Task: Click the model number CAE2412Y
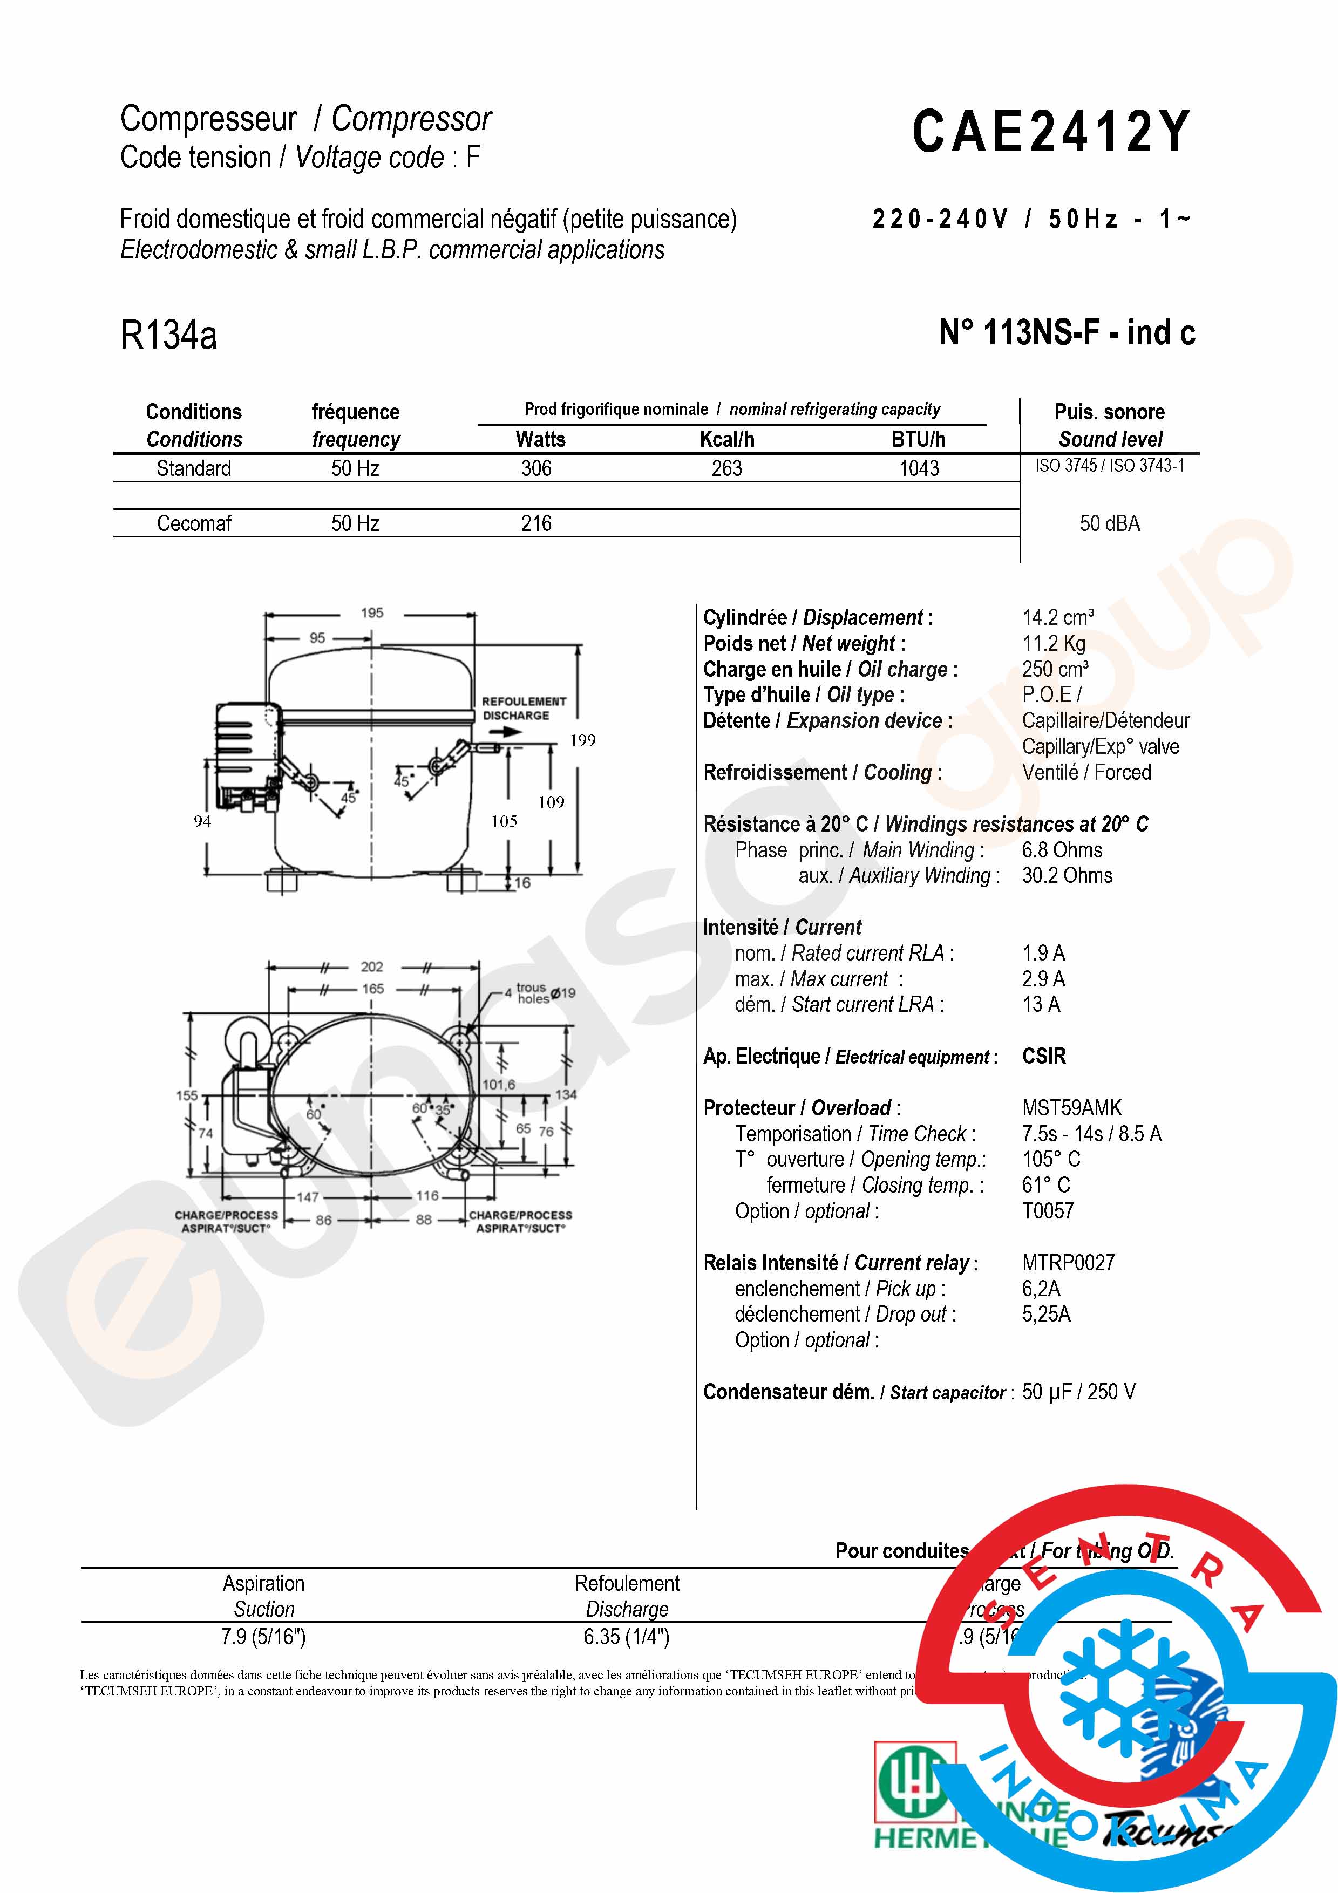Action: (x=1051, y=132)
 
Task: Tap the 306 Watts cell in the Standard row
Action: (x=536, y=468)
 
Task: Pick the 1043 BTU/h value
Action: (x=919, y=468)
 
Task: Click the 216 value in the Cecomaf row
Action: (x=536, y=523)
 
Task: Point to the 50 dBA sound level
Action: (x=1110, y=523)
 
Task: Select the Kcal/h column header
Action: (x=726, y=439)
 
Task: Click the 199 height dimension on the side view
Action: (x=582, y=740)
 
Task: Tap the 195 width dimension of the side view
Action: (x=372, y=612)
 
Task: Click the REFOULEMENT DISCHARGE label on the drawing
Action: (x=524, y=708)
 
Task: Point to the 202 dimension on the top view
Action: (x=372, y=966)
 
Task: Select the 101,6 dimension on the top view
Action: (x=498, y=1084)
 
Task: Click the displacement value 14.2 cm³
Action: (x=1058, y=617)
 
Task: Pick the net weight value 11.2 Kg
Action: (x=1054, y=643)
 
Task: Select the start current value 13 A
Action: (x=1041, y=1004)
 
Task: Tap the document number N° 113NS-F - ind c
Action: (x=1067, y=333)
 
